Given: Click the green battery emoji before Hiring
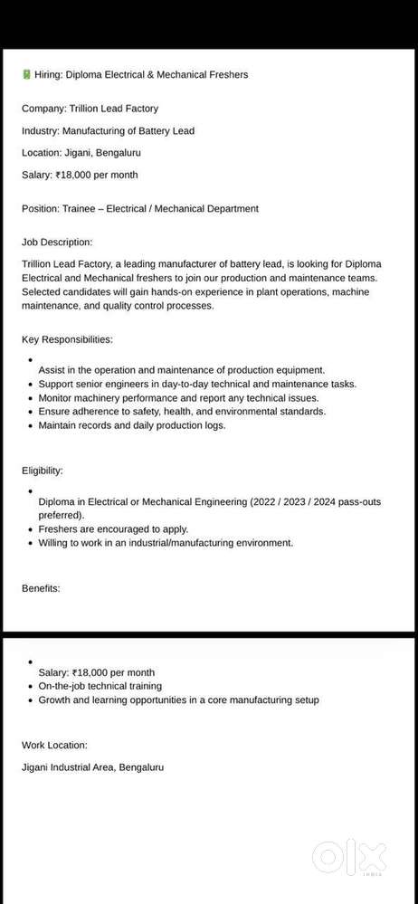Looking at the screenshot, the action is pyautogui.click(x=25, y=74).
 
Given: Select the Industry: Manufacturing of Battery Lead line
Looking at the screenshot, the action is pyautogui.click(x=108, y=130).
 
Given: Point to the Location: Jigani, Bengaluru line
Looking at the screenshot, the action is pyautogui.click(x=81, y=153).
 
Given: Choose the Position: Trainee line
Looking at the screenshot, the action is pyautogui.click(x=140, y=208).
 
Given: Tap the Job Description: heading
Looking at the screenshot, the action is pyautogui.click(x=57, y=242).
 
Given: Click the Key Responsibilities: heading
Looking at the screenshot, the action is pyautogui.click(x=67, y=339).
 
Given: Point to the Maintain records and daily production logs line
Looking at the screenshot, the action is pyautogui.click(x=132, y=424).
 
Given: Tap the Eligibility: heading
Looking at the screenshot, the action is pyautogui.click(x=43, y=471).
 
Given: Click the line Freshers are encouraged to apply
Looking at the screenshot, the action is pyautogui.click(x=113, y=528).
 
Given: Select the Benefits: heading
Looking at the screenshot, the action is pyautogui.click(x=41, y=588).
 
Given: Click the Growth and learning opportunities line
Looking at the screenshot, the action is pyautogui.click(x=178, y=699).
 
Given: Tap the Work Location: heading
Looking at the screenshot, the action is pyautogui.click(x=55, y=745).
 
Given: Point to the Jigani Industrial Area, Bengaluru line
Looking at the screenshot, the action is pyautogui.click(x=93, y=767).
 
